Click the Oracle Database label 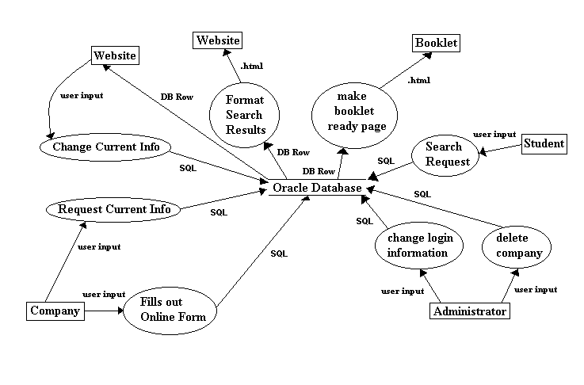[x=316, y=189]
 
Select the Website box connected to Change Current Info [x=115, y=55]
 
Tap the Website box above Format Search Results [x=219, y=40]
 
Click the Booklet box [x=436, y=43]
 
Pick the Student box [x=544, y=143]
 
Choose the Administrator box [x=470, y=311]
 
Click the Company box [x=55, y=311]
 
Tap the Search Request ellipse [x=442, y=154]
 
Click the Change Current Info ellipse [x=105, y=147]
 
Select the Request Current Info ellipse [x=114, y=210]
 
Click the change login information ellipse [x=418, y=245]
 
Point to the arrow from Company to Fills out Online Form [x=103, y=311]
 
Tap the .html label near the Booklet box [x=419, y=81]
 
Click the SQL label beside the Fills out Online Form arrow [x=279, y=254]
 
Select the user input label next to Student [x=494, y=134]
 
